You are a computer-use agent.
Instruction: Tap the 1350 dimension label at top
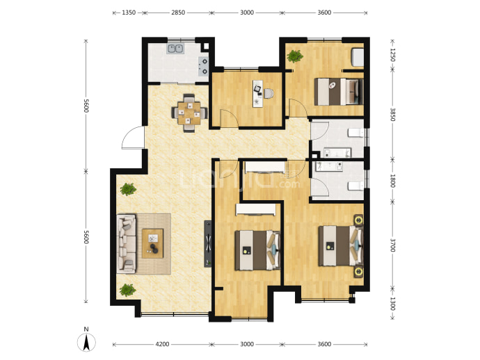pyautogui.click(x=129, y=13)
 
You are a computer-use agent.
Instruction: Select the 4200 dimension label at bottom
pyautogui.click(x=162, y=344)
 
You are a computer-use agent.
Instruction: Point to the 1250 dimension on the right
pyautogui.click(x=393, y=55)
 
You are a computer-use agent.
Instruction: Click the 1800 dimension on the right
pyautogui.click(x=393, y=181)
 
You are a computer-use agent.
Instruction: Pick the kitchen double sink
pyautogui.click(x=175, y=49)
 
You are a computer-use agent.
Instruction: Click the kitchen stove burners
pyautogui.click(x=204, y=67)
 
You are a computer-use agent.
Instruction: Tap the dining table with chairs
pyautogui.click(x=189, y=113)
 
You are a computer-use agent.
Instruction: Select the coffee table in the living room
pyautogui.click(x=152, y=243)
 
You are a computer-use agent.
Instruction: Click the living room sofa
pyautogui.click(x=126, y=243)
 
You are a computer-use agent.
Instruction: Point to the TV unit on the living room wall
pyautogui.click(x=208, y=244)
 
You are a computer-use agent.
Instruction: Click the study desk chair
pyautogui.click(x=268, y=94)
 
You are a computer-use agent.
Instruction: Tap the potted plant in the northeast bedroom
pyautogui.click(x=295, y=56)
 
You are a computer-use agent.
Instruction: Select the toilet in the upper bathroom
pyautogui.click(x=355, y=133)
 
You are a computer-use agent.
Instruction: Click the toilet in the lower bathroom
pyautogui.click(x=355, y=186)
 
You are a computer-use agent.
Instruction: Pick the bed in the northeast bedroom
pyautogui.click(x=339, y=92)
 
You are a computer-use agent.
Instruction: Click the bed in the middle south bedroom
pyautogui.click(x=257, y=250)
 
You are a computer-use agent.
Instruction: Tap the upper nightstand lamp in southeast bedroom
pyautogui.click(x=358, y=220)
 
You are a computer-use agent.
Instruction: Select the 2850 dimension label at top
pyautogui.click(x=178, y=13)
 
